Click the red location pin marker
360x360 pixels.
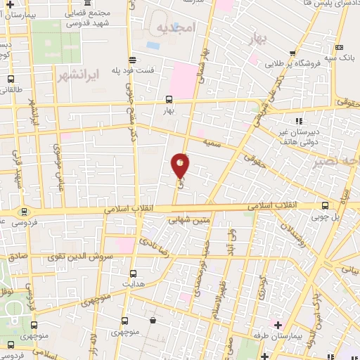coord(180,165)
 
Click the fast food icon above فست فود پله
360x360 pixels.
coord(133,60)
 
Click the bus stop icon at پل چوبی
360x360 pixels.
coord(325,205)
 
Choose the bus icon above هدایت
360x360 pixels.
coord(133,271)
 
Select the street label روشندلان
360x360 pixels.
coord(289,239)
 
